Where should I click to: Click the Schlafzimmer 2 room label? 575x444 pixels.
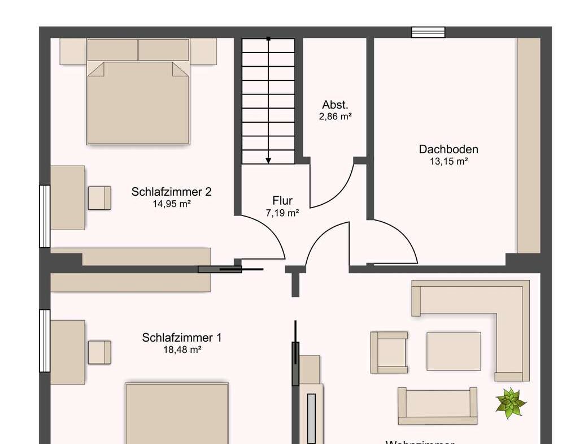(x=171, y=192)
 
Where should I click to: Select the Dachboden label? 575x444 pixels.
(x=448, y=149)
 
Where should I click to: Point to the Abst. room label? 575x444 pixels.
(x=335, y=105)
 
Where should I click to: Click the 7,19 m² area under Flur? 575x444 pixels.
(x=282, y=213)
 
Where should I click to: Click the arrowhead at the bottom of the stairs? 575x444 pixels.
(x=268, y=160)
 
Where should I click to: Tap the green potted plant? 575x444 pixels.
(x=510, y=403)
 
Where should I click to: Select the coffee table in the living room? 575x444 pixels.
(x=454, y=351)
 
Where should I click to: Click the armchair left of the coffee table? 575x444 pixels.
(x=389, y=352)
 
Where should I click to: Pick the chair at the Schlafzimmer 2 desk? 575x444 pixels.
(x=99, y=198)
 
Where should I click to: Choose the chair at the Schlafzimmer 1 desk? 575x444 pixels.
(x=99, y=352)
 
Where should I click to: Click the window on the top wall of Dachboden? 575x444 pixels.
(x=428, y=32)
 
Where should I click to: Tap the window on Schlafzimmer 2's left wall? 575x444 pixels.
(x=45, y=216)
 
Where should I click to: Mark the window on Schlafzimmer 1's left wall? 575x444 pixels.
(x=45, y=340)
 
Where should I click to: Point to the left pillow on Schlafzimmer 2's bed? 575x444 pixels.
(x=112, y=50)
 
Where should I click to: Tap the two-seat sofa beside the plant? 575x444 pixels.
(x=437, y=405)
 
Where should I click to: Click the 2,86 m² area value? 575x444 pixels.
(x=335, y=117)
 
